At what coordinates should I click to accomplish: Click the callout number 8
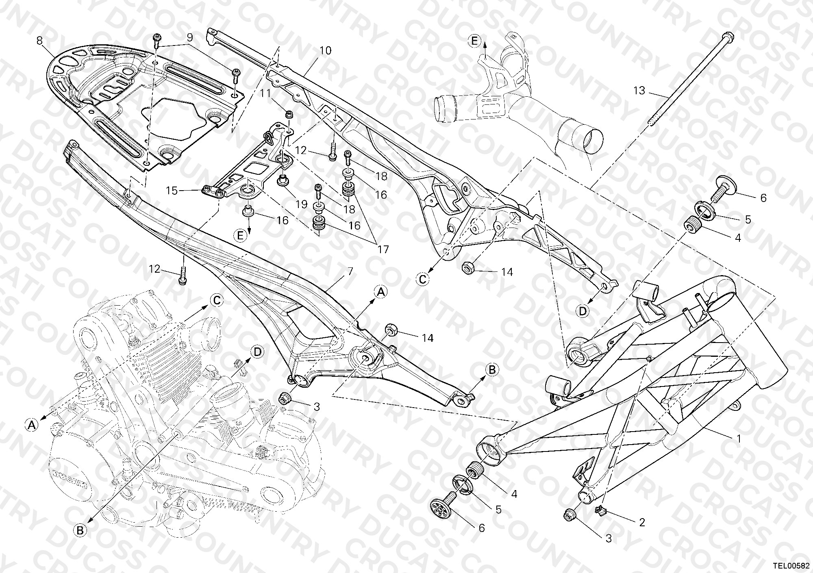[39, 41]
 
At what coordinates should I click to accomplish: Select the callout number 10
[325, 51]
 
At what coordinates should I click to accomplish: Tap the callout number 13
[639, 90]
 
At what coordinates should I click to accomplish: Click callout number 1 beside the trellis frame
[739, 439]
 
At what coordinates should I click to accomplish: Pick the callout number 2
[642, 522]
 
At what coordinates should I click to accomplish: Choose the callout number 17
[383, 249]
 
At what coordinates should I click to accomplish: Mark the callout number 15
[172, 190]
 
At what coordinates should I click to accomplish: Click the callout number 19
[301, 204]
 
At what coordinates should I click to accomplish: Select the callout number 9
[189, 38]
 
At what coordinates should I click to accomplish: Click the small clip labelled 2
[599, 510]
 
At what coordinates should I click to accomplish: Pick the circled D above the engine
[258, 352]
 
